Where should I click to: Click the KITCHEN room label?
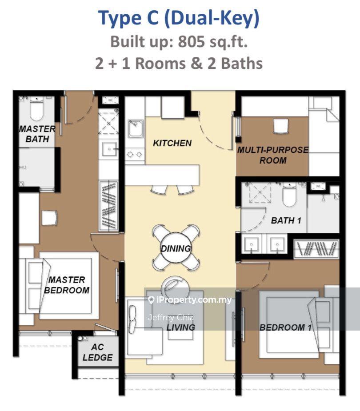click(172, 143)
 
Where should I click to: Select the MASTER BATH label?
click(37, 134)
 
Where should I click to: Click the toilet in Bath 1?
click(289, 195)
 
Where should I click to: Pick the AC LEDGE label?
click(97, 352)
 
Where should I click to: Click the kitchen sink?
click(135, 128)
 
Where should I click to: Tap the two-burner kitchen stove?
click(135, 154)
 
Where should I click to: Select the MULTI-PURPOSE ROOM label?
click(273, 155)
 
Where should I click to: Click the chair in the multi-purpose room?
click(280, 126)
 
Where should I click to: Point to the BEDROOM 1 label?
click(285, 327)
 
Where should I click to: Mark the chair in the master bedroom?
click(49, 218)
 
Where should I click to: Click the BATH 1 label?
click(286, 220)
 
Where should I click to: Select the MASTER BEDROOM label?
click(67, 285)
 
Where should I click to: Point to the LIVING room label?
click(180, 327)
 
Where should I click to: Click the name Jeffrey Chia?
click(171, 318)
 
